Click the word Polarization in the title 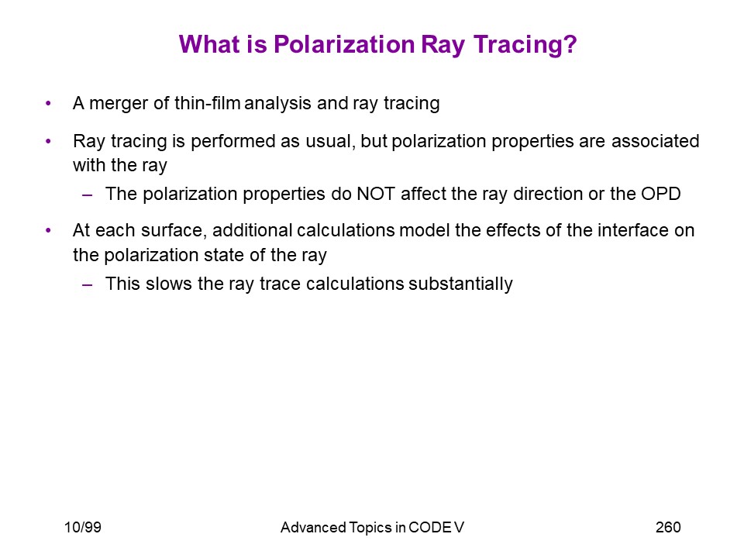click(344, 45)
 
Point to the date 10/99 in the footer click(83, 527)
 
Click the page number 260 click(668, 527)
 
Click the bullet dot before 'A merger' click(48, 103)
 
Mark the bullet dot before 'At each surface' click(48, 230)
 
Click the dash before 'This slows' click(87, 284)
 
